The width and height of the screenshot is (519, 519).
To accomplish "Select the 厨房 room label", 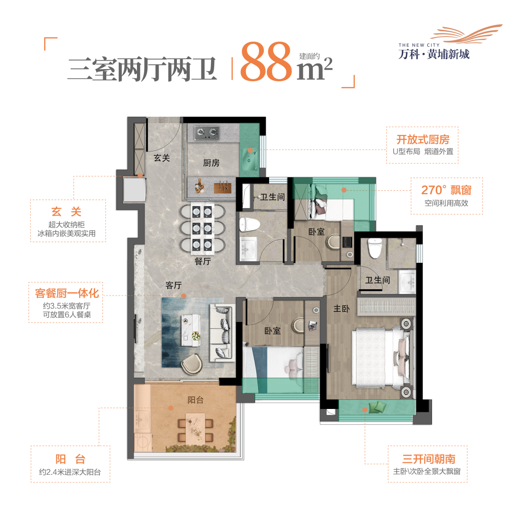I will point(211,163).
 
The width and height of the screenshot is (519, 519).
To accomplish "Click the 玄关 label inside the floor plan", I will point(162,158).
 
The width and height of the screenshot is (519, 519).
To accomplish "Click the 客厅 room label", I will point(173,285).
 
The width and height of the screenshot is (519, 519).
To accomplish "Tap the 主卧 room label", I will point(341,309).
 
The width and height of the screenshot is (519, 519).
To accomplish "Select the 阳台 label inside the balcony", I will point(196,400).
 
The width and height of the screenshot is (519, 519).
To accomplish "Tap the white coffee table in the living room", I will point(191,329).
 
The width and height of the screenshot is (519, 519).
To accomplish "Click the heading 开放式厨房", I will point(422,140).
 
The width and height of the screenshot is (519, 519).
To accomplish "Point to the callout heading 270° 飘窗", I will point(446,190).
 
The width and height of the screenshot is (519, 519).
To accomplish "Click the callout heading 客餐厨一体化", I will point(67,293).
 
